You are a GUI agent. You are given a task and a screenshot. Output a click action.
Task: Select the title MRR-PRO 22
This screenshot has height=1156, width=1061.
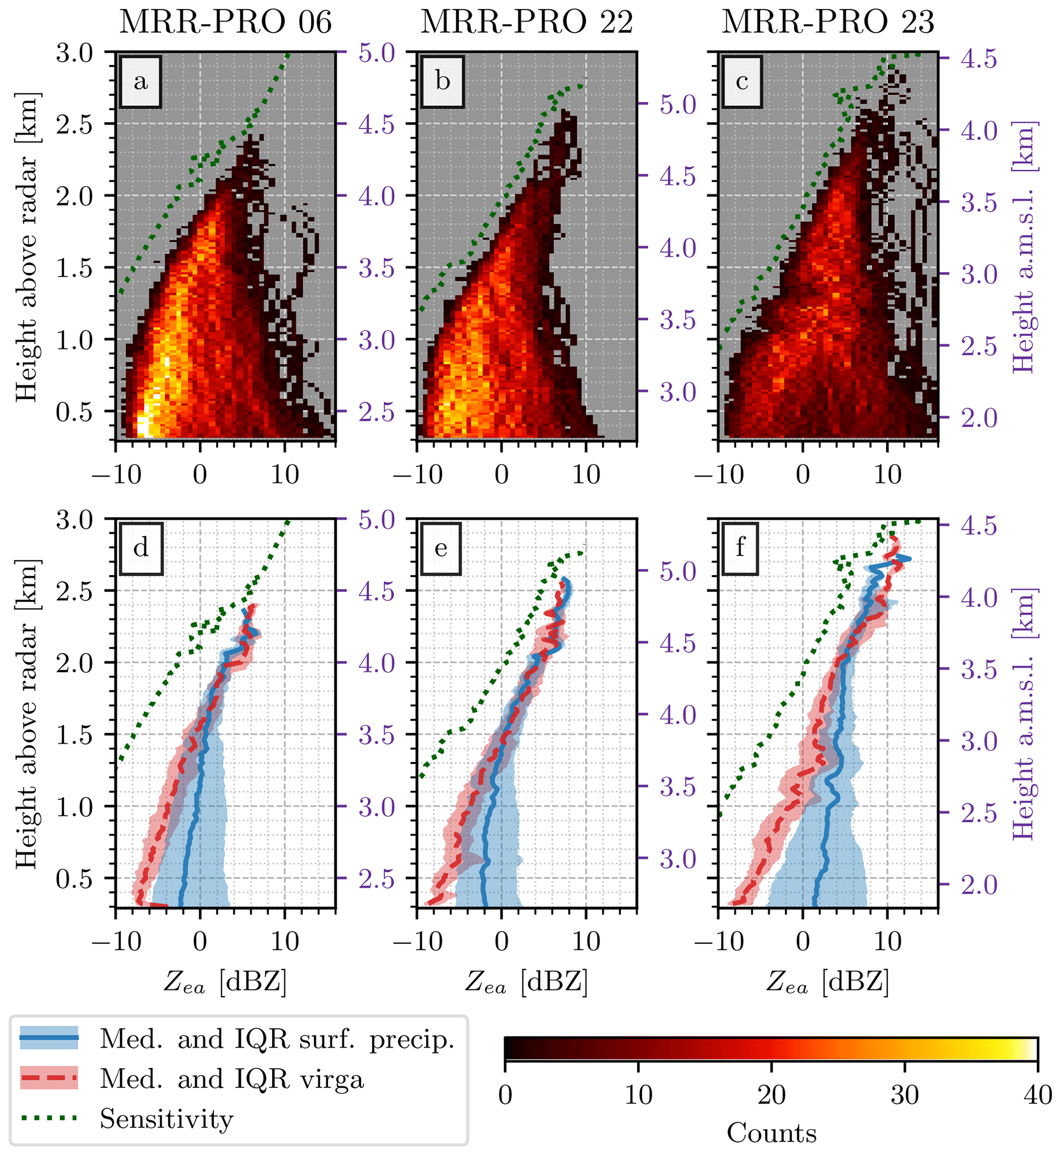(527, 23)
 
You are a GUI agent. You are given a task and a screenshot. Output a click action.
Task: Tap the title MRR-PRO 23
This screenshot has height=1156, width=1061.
(828, 23)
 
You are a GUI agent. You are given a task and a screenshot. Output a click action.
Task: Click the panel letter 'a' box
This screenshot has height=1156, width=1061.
(140, 82)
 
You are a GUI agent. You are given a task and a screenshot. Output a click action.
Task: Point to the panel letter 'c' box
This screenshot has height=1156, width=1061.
(742, 82)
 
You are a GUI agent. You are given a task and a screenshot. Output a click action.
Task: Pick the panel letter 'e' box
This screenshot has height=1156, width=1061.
(441, 548)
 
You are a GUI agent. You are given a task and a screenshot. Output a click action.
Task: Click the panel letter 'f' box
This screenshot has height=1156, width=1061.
(740, 548)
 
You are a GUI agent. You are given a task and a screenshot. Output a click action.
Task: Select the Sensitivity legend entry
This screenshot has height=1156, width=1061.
(166, 1119)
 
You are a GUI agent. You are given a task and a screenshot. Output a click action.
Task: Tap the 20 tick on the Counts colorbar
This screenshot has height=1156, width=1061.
(771, 1095)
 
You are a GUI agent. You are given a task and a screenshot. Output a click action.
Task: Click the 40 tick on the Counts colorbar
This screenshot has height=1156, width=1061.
(1037, 1095)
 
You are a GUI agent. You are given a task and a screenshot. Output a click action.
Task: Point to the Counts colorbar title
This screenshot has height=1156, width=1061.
(771, 1133)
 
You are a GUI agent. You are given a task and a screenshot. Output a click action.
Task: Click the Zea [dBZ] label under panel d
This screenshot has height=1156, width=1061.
(225, 982)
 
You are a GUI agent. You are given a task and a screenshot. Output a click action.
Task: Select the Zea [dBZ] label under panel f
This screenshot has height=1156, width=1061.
(828, 982)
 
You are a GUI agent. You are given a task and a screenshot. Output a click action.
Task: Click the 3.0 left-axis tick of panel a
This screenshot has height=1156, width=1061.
(74, 53)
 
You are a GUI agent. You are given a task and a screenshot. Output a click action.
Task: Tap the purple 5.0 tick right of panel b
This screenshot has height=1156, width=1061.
(678, 105)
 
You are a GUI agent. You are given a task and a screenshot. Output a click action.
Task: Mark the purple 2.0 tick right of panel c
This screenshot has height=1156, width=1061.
(979, 418)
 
